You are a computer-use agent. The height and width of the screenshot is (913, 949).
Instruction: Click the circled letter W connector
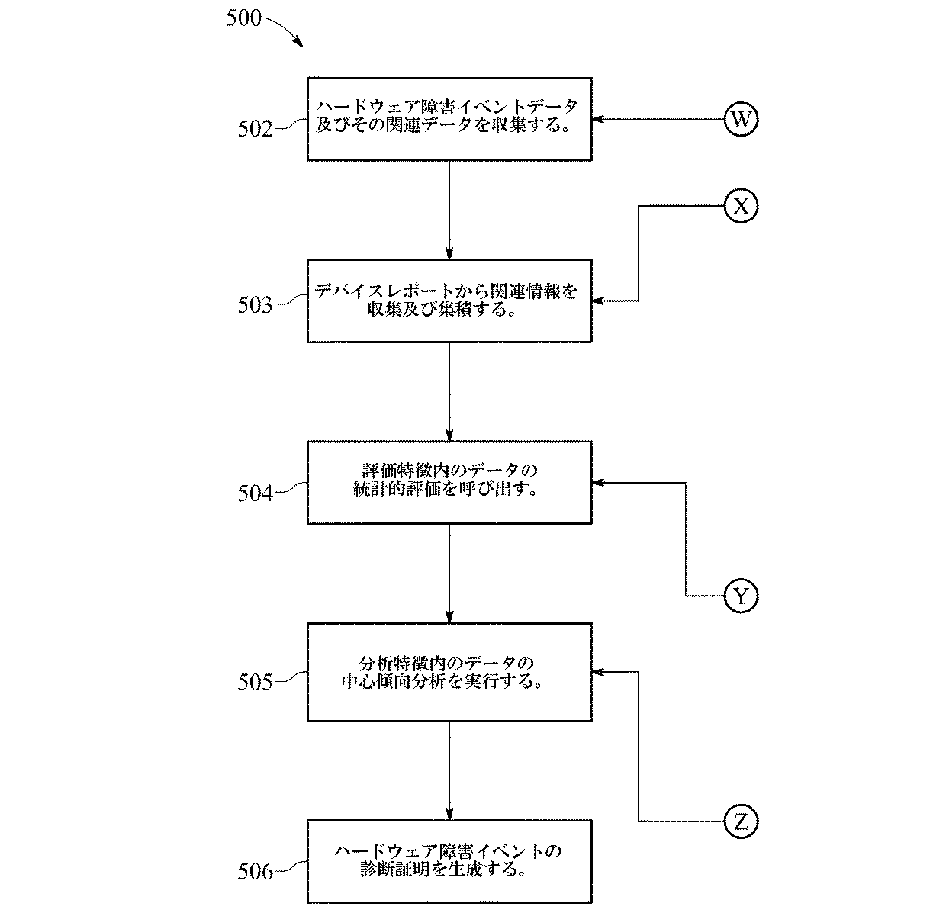pos(740,120)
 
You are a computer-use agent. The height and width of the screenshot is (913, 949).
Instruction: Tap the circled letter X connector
pos(740,206)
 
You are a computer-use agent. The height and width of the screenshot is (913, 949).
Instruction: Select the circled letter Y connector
pos(740,596)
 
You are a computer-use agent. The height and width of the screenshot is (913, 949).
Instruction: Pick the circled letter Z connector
pos(740,821)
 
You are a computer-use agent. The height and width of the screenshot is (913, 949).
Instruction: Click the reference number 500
pos(244,19)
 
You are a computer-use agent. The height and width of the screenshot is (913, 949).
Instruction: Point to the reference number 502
pos(255,128)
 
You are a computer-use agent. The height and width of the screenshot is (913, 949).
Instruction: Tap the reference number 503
pos(255,306)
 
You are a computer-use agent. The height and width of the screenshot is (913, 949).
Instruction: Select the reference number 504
pos(255,493)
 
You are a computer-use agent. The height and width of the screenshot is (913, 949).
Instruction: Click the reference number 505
pos(255,681)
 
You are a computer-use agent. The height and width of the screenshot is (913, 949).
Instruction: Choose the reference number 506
pos(255,871)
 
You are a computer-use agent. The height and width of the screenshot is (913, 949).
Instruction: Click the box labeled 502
pos(449,119)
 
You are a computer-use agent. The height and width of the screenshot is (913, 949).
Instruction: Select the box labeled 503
pos(449,301)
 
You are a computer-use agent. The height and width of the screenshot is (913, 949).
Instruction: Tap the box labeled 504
pos(449,482)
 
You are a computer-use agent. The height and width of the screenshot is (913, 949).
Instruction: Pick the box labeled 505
pos(449,672)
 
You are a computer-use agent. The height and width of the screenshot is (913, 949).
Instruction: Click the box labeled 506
pos(449,861)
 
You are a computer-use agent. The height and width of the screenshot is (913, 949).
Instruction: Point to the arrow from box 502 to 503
pos(449,210)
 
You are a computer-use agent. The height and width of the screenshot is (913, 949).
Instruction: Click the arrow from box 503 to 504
pos(449,391)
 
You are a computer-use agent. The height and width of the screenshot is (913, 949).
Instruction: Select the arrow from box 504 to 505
pos(449,573)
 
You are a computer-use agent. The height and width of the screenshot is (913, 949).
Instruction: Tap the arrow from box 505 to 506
pos(449,770)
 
